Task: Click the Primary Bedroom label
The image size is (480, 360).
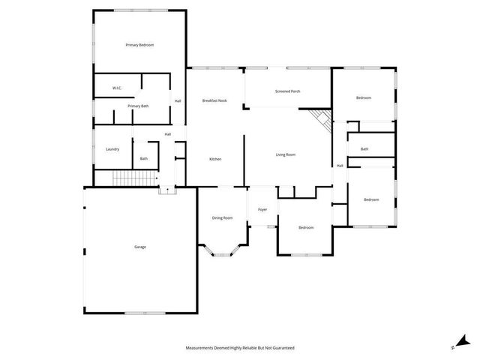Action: click(x=139, y=45)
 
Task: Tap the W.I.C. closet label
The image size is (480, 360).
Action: click(x=117, y=88)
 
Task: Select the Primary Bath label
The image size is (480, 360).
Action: click(x=138, y=106)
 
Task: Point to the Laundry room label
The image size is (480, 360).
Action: click(x=112, y=148)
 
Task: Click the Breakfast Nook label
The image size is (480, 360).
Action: click(x=214, y=100)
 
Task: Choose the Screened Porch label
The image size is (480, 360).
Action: click(x=288, y=91)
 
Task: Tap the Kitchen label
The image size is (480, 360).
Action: click(x=215, y=159)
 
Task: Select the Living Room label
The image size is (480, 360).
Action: click(x=286, y=154)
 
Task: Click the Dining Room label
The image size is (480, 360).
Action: click(x=222, y=217)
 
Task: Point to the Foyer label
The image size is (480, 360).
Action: click(x=262, y=210)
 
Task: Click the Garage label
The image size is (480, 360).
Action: click(x=140, y=247)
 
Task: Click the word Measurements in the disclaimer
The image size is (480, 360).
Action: click(x=200, y=348)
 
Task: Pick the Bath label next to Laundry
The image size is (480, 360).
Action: click(x=143, y=158)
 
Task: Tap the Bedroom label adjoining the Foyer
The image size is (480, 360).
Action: click(x=305, y=227)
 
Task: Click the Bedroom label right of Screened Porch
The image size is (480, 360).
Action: click(x=364, y=97)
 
